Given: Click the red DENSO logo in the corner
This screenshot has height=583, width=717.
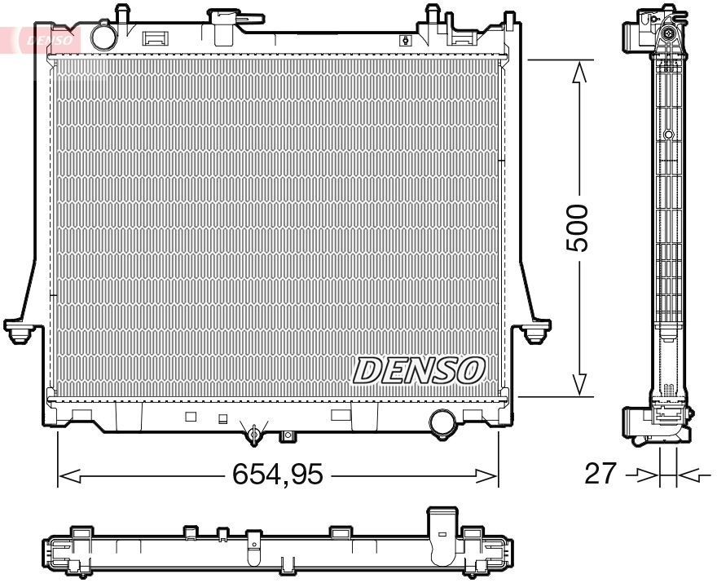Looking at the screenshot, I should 45,38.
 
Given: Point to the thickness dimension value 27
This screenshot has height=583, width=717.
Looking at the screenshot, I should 600,474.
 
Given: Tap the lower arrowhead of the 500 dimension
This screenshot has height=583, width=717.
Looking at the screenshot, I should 579,383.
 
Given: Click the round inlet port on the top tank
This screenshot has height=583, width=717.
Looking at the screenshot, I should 103,37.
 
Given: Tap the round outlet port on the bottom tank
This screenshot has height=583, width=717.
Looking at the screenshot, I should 442,422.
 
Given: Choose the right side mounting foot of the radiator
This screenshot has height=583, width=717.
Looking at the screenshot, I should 535,330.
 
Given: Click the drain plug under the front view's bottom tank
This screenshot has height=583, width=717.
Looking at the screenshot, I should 254,434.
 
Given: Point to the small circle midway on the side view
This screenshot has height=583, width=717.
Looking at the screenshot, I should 668,135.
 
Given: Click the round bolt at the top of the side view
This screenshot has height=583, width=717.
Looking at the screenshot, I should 668,33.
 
